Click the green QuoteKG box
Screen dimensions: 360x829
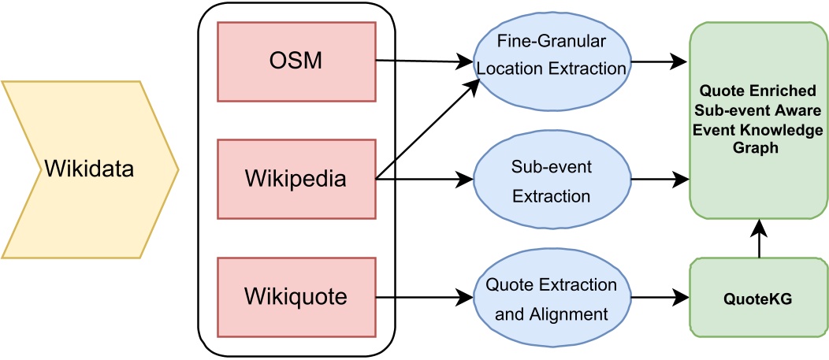757,299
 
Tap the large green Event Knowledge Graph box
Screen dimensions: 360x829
757,120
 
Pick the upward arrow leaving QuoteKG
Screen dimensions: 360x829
758,240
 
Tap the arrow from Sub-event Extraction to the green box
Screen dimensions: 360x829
658,180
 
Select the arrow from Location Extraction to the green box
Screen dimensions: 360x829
658,60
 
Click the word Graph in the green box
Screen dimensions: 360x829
757,147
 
